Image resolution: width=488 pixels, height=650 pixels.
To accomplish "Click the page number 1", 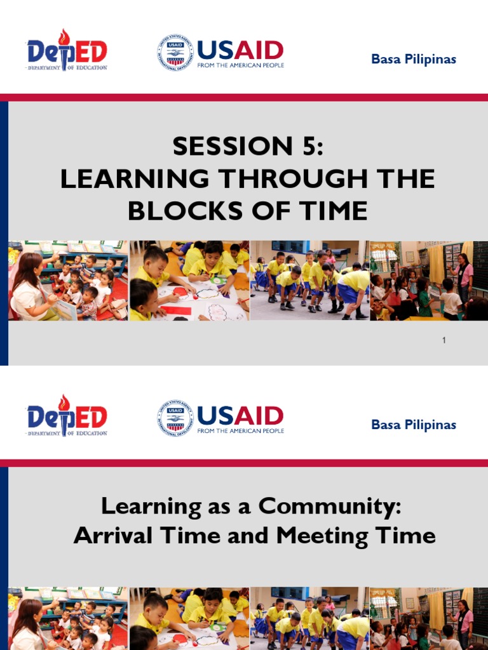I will pyautogui.click(x=444, y=340).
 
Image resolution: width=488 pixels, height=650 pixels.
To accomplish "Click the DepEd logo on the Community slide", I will pyautogui.click(x=67, y=416).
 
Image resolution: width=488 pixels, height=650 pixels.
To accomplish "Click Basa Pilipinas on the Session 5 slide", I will pyautogui.click(x=414, y=60).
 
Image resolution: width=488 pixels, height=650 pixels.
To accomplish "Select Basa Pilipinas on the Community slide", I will pyautogui.click(x=414, y=425).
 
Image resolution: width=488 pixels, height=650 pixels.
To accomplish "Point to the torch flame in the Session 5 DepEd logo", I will pyautogui.click(x=64, y=36).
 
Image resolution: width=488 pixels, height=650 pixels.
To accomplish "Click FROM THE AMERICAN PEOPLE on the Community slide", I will pyautogui.click(x=240, y=430).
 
